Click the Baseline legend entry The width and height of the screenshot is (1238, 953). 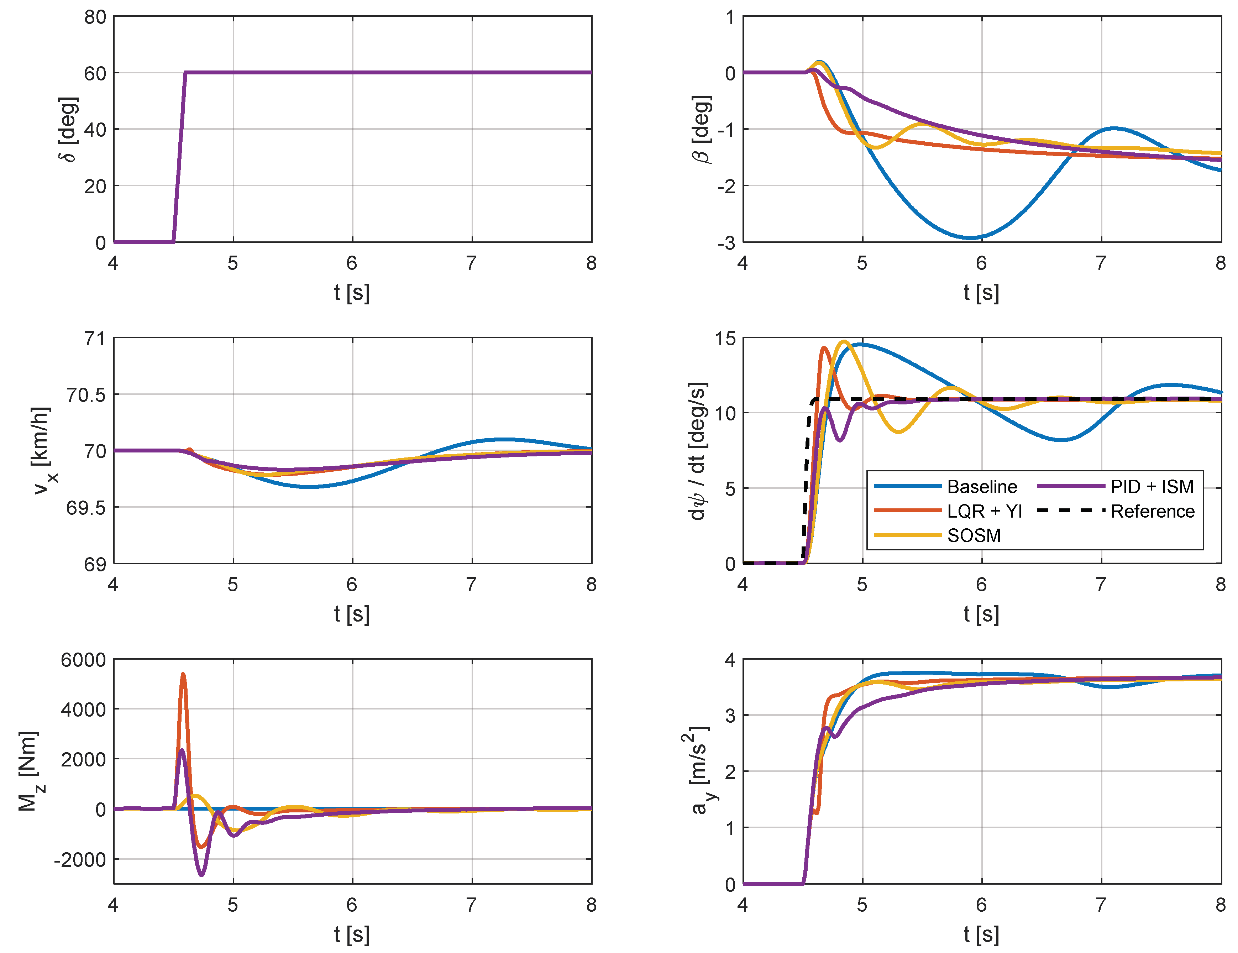981,486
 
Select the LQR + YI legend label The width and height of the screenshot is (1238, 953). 984,511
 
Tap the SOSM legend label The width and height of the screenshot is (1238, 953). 973,535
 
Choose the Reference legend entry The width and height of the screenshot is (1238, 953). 1152,511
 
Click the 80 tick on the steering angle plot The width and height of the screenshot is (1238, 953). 95,17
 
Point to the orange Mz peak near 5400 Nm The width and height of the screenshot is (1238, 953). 183,675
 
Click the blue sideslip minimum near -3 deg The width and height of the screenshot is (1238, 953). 970,237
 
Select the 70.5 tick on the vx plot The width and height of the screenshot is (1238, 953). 86,394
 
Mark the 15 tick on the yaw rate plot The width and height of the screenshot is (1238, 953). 725,339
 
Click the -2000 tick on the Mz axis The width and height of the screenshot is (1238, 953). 80,859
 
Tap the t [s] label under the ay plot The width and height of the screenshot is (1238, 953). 981,934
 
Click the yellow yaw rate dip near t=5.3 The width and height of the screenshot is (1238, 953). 898,432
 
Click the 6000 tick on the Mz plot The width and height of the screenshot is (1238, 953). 83,660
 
